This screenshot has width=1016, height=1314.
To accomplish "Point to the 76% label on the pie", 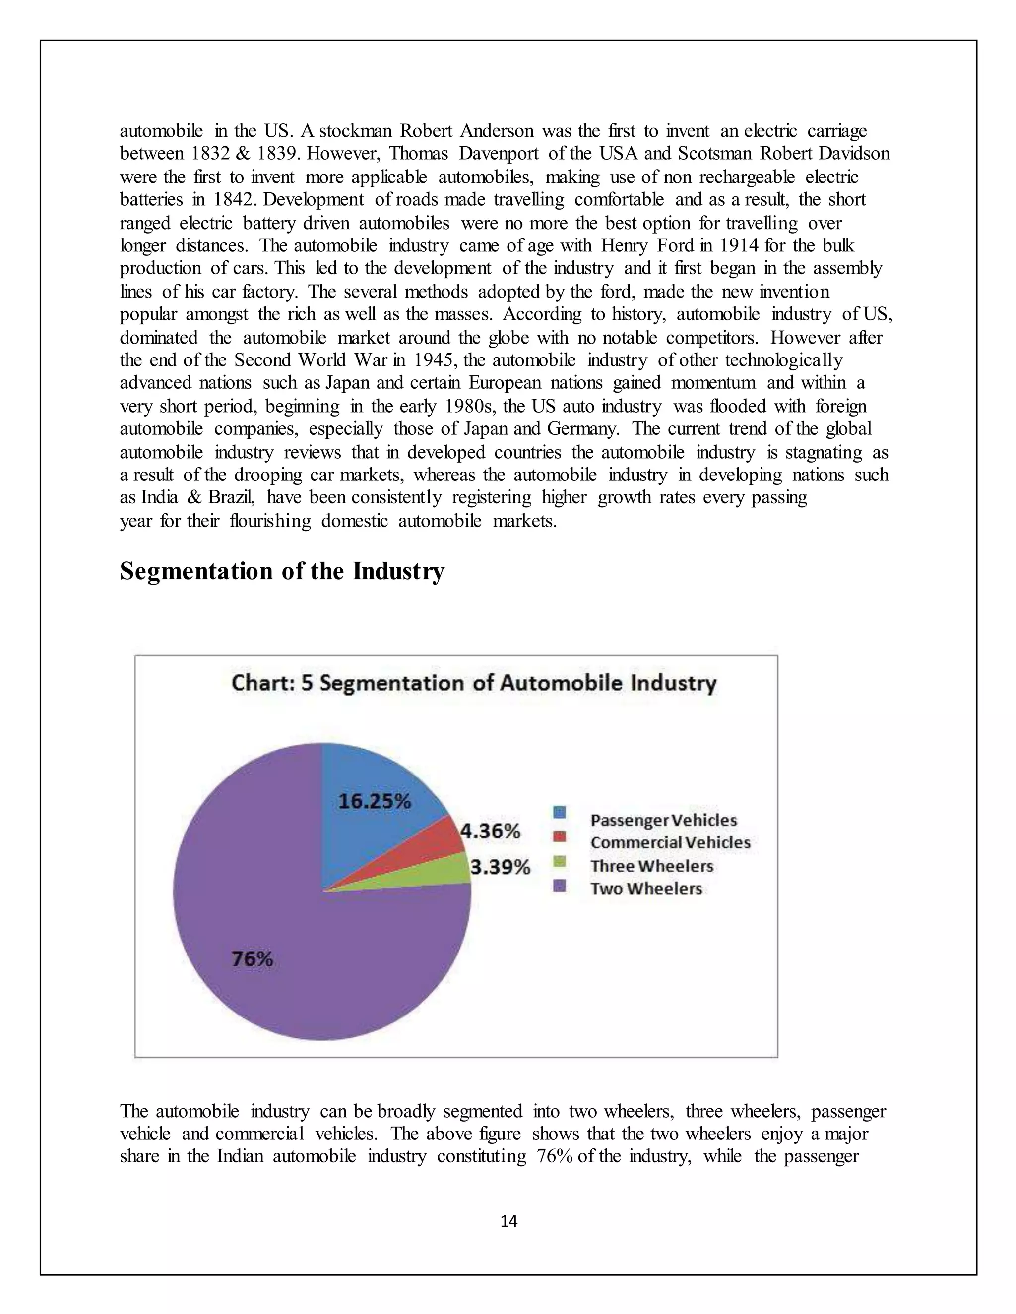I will (x=253, y=958).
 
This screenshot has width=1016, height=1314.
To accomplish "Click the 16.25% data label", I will (x=375, y=801).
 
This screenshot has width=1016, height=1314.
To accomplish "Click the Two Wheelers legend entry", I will (x=646, y=889).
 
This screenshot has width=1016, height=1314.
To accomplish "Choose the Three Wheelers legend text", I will (x=651, y=866).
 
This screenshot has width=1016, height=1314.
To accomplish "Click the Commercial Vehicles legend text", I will (x=670, y=842).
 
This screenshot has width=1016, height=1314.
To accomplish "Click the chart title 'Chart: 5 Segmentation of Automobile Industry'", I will (x=474, y=683).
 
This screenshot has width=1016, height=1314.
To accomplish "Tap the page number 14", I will (x=508, y=1221).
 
